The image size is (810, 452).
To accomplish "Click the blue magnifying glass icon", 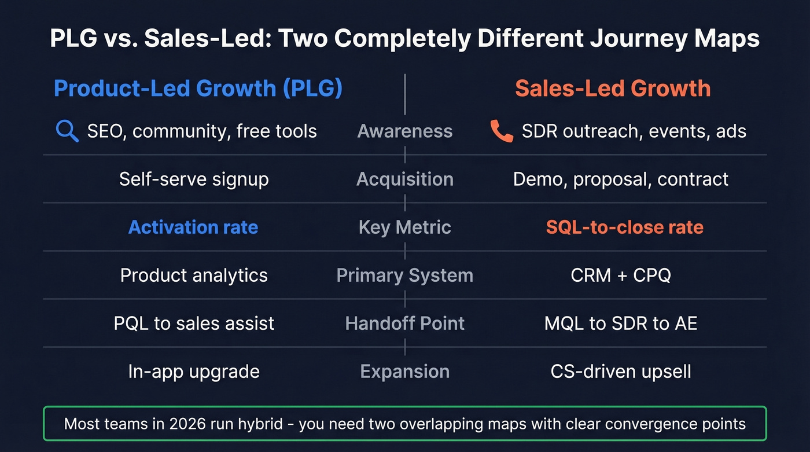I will tap(67, 131).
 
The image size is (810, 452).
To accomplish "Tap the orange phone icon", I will tap(501, 131).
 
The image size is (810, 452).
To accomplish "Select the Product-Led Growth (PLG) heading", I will tap(198, 89).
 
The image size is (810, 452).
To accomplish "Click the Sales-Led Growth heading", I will tap(613, 89).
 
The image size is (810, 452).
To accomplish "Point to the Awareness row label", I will tap(405, 131).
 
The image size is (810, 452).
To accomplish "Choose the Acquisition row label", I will tap(405, 179).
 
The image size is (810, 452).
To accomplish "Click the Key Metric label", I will tap(405, 227).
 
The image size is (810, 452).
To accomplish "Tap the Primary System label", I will tap(405, 275).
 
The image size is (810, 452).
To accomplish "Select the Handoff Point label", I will tap(405, 323).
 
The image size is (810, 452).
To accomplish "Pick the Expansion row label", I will tap(405, 371).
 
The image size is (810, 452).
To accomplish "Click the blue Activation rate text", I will tap(193, 227).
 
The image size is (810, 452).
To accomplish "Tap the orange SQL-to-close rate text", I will tap(625, 227).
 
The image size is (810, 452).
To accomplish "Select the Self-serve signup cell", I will tap(194, 179).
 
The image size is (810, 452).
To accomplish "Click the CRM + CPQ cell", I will tap(621, 275).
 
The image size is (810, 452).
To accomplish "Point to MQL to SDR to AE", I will tap(621, 323).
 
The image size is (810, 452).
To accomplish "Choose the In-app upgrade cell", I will tap(194, 371).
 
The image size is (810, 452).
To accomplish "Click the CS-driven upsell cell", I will tap(621, 371).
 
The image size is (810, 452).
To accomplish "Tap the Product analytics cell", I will tap(194, 275).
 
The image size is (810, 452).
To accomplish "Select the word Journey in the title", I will tap(623, 39).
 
